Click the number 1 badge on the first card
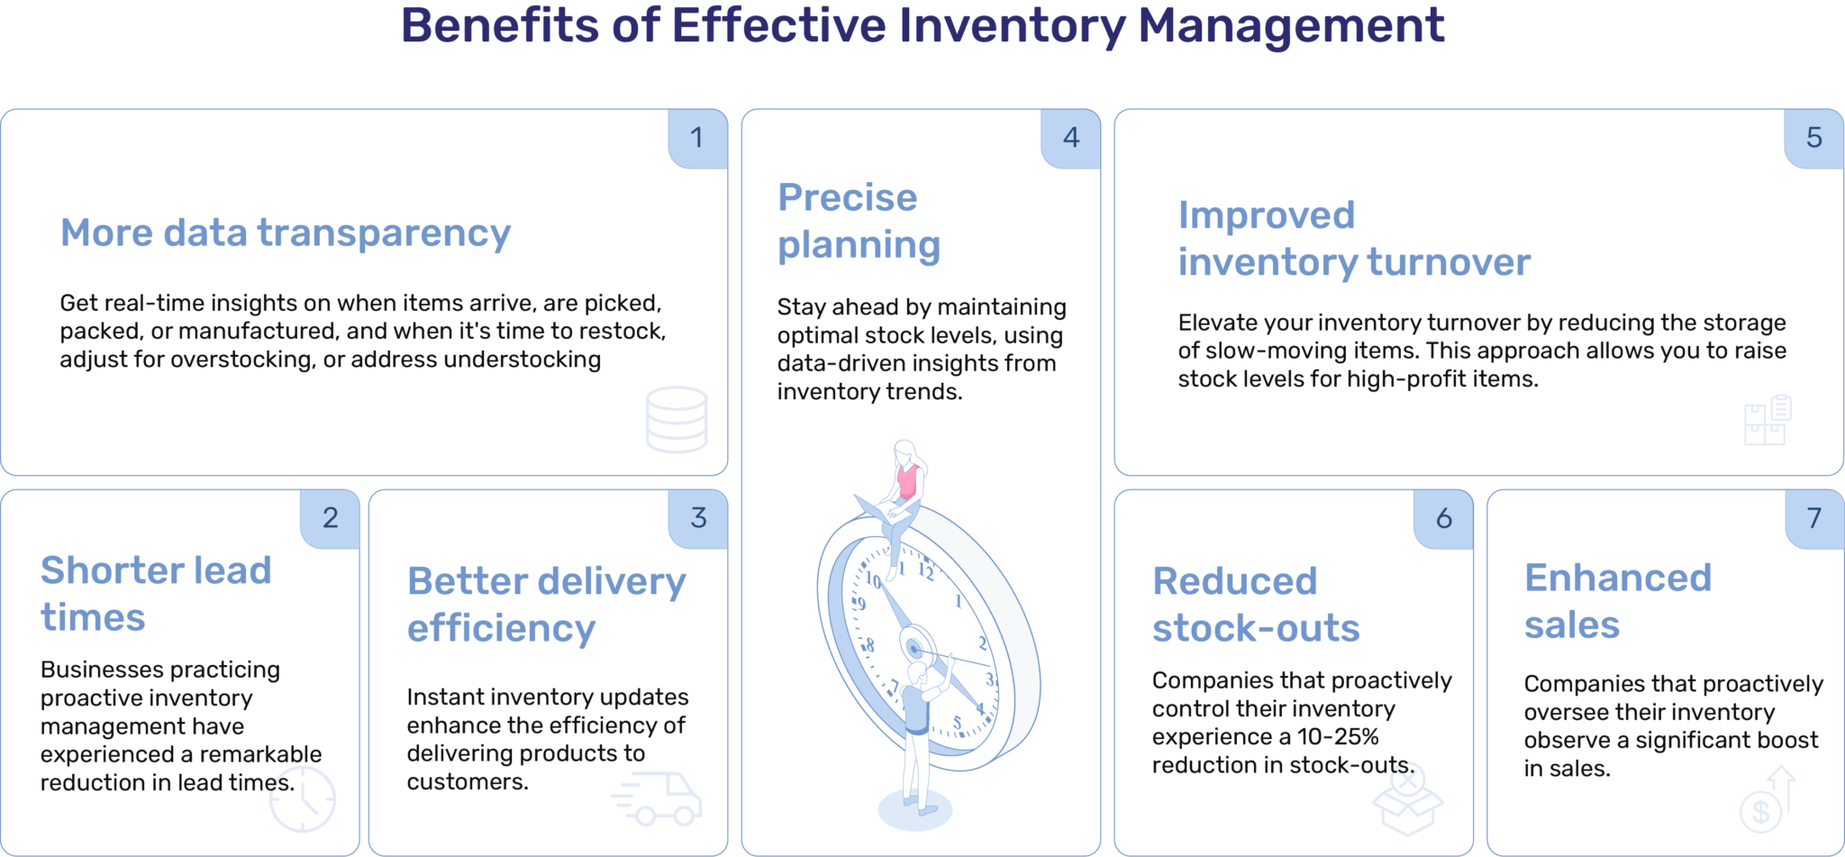(x=696, y=138)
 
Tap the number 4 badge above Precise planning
(x=1070, y=138)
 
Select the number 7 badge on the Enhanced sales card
(x=1814, y=518)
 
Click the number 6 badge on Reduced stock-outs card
(x=1443, y=518)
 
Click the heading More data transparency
(x=285, y=233)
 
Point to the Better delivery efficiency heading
(x=546, y=605)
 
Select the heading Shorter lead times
(x=156, y=594)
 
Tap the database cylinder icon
(x=677, y=420)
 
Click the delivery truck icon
(x=659, y=798)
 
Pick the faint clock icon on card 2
(x=303, y=799)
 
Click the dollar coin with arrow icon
(x=1768, y=801)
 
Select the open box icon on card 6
(x=1407, y=799)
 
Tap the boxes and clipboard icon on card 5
(x=1768, y=420)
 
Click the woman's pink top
(x=907, y=480)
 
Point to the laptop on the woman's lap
(x=874, y=509)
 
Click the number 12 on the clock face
(x=925, y=570)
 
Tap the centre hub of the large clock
(x=914, y=648)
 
